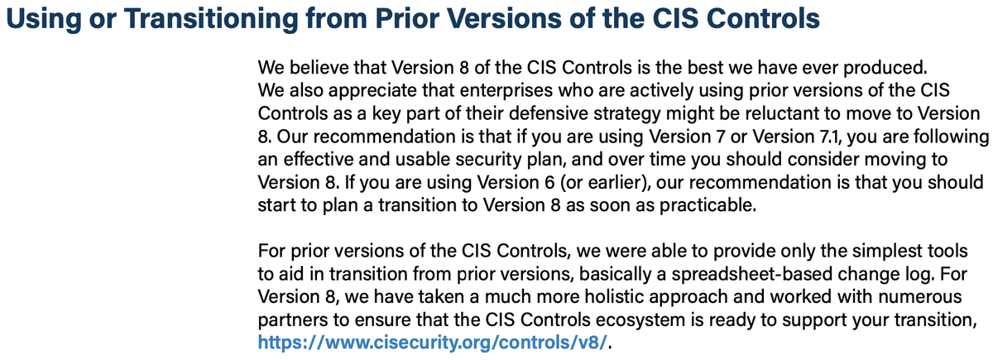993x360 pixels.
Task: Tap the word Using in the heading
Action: pyautogui.click(x=37, y=18)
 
